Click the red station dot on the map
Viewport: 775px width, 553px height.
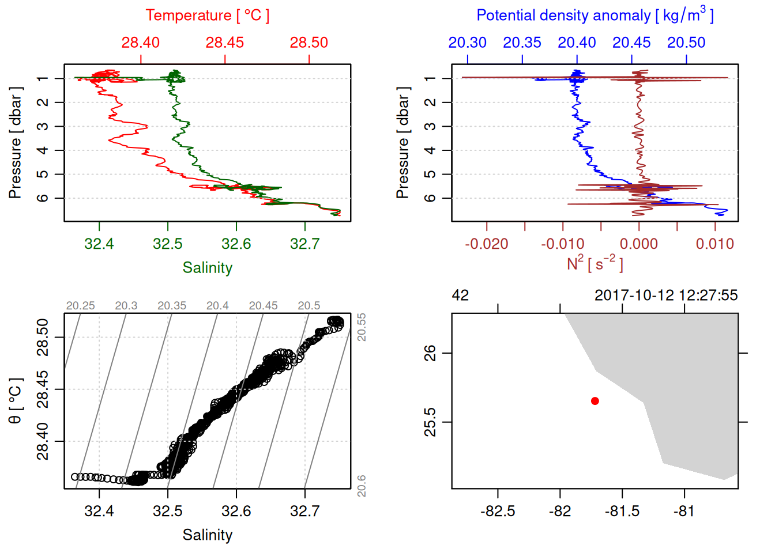click(595, 401)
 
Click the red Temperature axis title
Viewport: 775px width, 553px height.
click(207, 16)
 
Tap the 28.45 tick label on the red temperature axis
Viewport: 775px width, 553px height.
click(225, 43)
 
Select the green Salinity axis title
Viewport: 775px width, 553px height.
click(208, 268)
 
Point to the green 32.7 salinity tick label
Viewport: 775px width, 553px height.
click(304, 244)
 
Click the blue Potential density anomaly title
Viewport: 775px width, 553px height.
click(595, 16)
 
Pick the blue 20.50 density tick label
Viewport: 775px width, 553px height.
click(686, 43)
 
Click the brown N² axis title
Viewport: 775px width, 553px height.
click(595, 264)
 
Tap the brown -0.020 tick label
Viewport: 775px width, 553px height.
click(487, 244)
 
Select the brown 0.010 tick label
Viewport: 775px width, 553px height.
click(715, 244)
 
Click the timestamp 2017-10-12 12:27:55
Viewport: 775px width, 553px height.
click(666, 296)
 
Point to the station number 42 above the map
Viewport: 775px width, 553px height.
click(460, 296)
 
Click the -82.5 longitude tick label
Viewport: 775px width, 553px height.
click(498, 512)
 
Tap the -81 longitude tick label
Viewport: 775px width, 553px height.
click(684, 512)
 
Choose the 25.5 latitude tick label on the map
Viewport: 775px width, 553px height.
click(430, 422)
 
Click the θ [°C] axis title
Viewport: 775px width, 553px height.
click(16, 401)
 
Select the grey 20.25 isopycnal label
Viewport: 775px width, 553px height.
click(80, 306)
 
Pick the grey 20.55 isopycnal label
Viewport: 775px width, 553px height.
click(362, 327)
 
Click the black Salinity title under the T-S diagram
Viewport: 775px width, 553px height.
click(208, 535)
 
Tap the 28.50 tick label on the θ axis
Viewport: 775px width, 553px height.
click(43, 337)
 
